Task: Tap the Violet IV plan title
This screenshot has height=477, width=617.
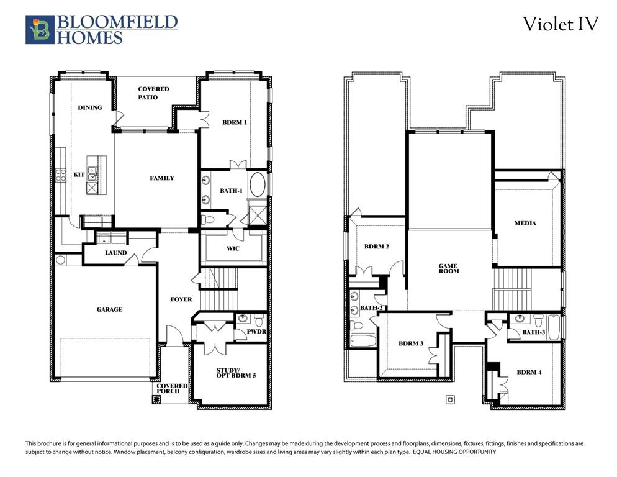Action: [560, 24]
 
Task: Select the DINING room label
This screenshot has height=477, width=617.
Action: [90, 107]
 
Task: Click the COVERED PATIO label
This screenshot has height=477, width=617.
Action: [153, 93]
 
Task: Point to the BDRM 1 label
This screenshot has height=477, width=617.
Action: [235, 122]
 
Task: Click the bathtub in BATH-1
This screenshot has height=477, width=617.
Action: [257, 185]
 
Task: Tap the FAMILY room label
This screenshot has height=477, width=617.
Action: [162, 178]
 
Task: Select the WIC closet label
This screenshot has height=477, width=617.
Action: [233, 248]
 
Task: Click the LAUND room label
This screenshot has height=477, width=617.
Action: [116, 253]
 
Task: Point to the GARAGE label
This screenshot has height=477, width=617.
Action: [109, 309]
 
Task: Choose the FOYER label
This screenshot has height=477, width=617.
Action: [181, 299]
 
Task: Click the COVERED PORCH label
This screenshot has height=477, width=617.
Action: [172, 388]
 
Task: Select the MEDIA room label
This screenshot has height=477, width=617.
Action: [525, 224]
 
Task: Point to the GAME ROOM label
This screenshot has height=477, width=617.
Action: [449, 268]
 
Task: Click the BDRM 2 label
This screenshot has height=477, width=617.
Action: [377, 247]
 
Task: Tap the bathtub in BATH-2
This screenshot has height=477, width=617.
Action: [363, 340]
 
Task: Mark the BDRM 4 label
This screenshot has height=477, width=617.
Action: [529, 373]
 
